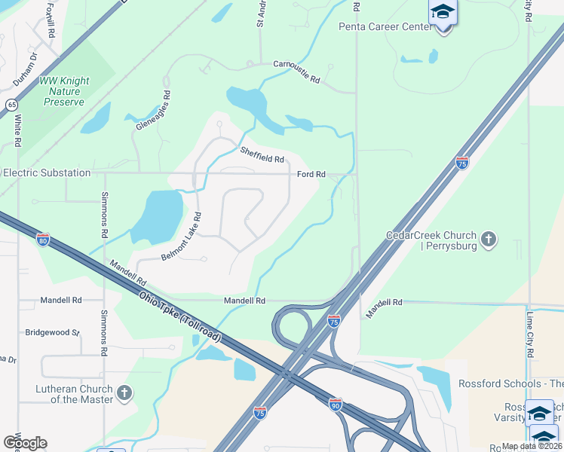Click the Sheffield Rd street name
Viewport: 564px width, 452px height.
(x=262, y=154)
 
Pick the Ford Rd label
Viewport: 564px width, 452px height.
(x=311, y=174)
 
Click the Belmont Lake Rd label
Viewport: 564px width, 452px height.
(x=182, y=237)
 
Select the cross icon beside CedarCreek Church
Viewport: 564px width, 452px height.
(x=489, y=240)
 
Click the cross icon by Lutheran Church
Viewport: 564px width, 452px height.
(x=125, y=392)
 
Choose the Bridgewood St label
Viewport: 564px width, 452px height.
(x=52, y=331)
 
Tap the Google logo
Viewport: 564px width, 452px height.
(x=24, y=443)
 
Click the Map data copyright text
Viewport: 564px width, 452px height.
(x=532, y=446)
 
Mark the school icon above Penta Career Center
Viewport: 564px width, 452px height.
(x=443, y=12)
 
